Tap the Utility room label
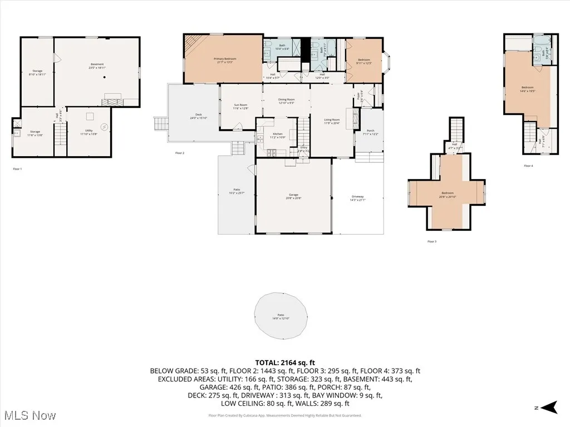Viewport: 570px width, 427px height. coord(89,132)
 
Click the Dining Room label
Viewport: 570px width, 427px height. coord(286,101)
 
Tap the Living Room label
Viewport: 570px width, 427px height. coord(332,121)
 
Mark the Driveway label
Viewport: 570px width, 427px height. coord(357,198)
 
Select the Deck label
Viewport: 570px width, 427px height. coord(198,116)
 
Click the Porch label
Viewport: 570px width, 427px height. coord(370,132)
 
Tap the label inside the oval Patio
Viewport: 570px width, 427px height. coord(282,316)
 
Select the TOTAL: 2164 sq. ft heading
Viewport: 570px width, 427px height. coord(285,363)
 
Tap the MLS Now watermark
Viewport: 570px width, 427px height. coord(29,415)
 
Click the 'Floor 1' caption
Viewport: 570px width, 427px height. coord(17,168)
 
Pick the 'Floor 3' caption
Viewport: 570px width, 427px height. coord(431,241)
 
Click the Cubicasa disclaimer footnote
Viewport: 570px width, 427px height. coord(285,415)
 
